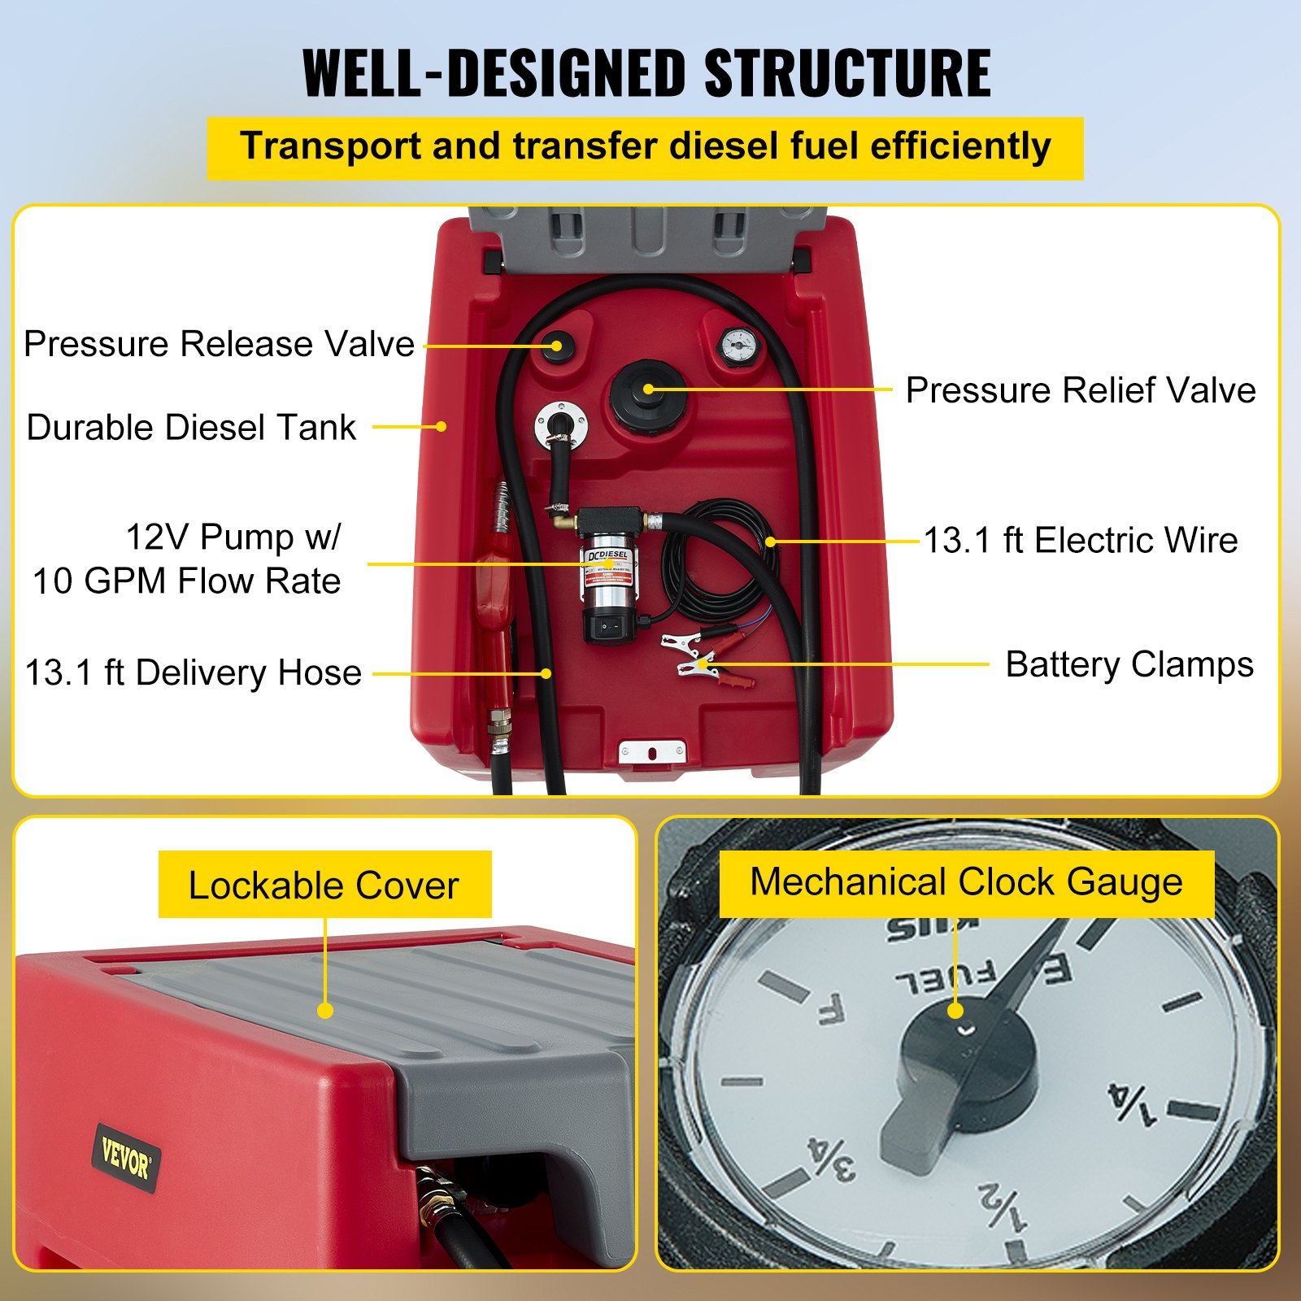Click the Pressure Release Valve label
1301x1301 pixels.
tap(219, 344)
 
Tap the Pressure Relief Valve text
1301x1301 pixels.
tap(1080, 390)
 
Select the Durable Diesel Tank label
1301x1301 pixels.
tap(191, 428)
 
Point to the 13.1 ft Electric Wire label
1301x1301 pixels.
tap(1081, 541)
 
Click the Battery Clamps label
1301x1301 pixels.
tap(1129, 665)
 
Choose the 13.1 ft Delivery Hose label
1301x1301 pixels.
tap(194, 673)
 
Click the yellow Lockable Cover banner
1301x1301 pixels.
tap(324, 885)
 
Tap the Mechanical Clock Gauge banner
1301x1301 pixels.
tap(966, 883)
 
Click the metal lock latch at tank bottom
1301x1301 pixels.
tap(651, 752)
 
